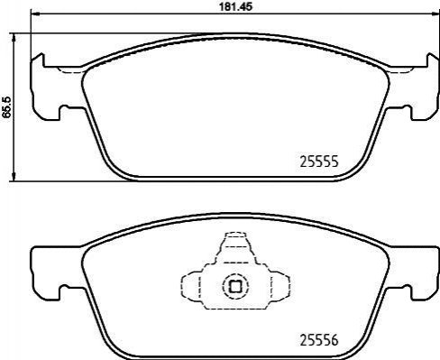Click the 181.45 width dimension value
pos(235,7)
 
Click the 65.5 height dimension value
pos(6,107)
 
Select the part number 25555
pos(319,162)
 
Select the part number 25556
pos(319,340)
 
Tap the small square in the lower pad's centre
pos(235,286)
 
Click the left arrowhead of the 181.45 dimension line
pos(35,14)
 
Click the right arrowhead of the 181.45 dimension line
pos(435,14)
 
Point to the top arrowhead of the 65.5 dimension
pos(14,38)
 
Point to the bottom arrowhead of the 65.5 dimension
pos(14,177)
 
